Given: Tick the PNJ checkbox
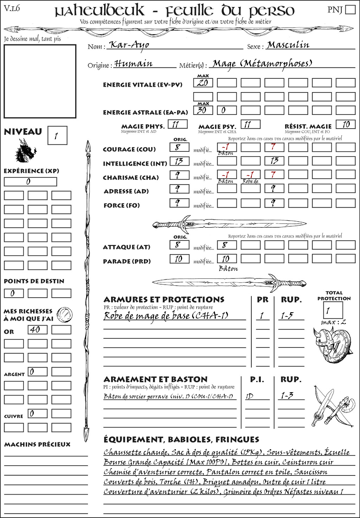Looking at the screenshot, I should (350, 9).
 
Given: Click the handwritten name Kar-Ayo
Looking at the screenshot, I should (129, 45).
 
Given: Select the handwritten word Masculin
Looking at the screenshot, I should (288, 45).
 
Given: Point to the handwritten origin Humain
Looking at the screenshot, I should (134, 64).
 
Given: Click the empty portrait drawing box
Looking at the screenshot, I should (40, 81).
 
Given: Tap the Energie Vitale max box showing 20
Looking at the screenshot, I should (203, 83).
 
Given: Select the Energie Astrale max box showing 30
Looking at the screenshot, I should (203, 110).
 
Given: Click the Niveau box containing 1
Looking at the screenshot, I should (57, 136).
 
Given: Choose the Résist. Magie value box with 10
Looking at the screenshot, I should (346, 124).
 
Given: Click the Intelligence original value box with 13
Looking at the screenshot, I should (179, 161).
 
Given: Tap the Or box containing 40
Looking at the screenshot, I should (38, 330).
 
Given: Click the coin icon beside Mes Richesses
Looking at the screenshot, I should (65, 314).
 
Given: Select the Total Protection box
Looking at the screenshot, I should (333, 310).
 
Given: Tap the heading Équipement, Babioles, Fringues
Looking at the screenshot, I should (181, 440).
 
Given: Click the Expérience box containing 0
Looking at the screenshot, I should (30, 182).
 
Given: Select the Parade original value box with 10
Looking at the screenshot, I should (179, 259).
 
